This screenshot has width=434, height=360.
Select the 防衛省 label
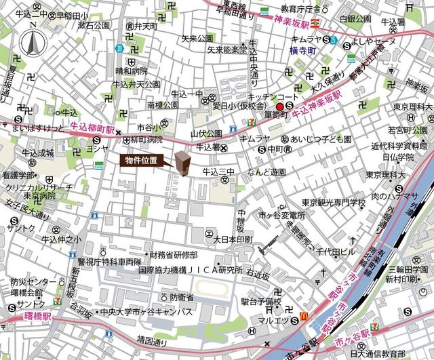pos(182,298)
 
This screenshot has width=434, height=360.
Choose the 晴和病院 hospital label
pos(131,70)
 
